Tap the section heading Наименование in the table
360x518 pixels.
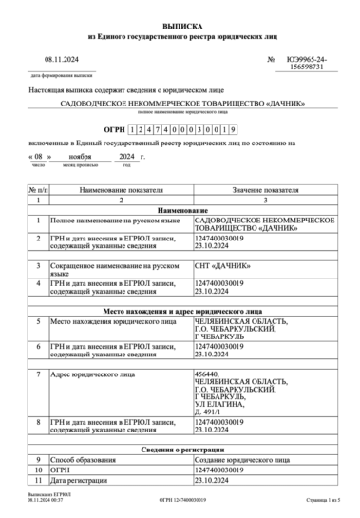(x=180, y=212)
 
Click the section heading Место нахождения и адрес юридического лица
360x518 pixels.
(x=180, y=311)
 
